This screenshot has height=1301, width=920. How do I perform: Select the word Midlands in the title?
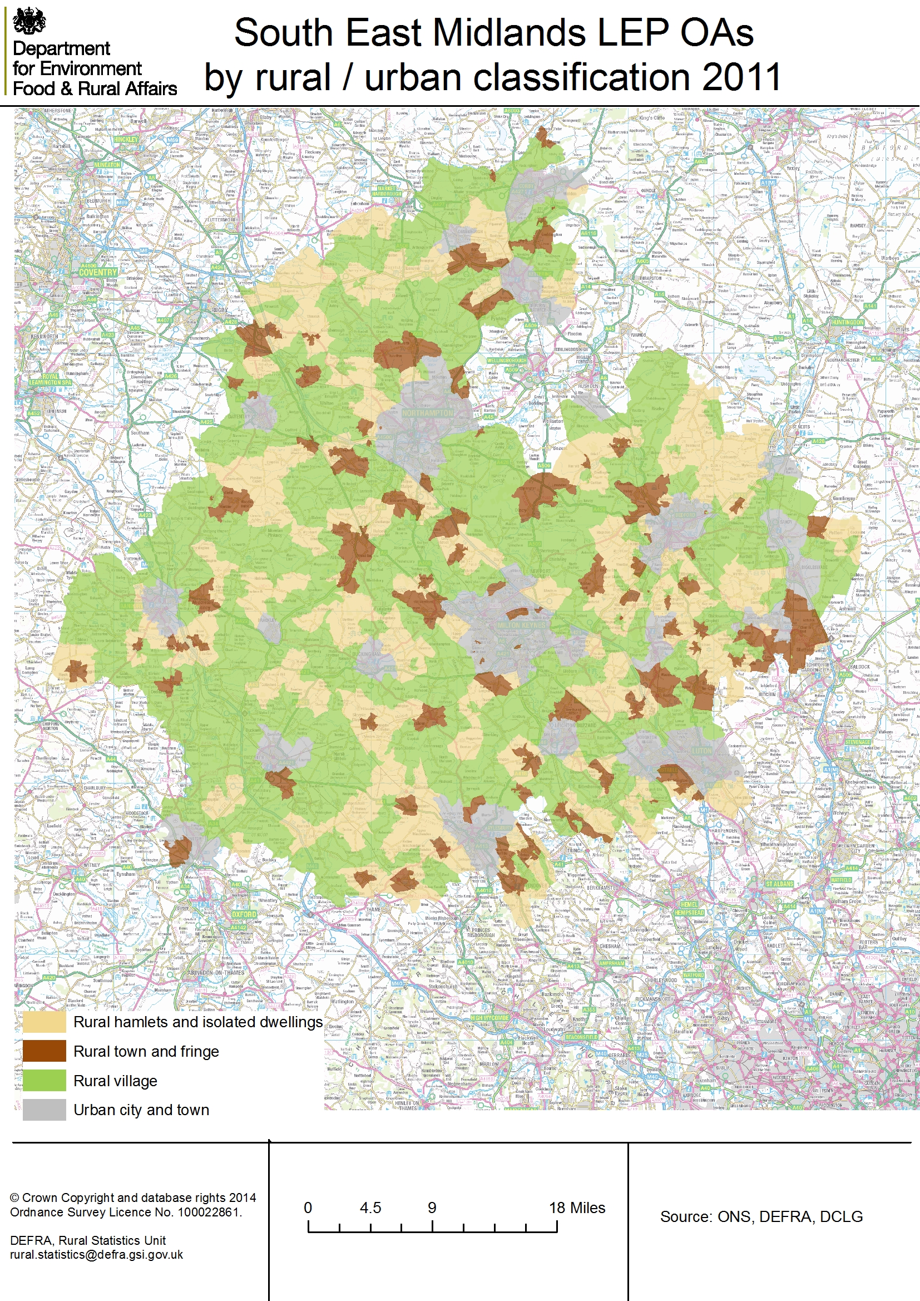(510, 33)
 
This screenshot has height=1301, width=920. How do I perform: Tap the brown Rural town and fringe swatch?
(44, 1051)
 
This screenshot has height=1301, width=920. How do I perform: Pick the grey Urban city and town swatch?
(44, 1110)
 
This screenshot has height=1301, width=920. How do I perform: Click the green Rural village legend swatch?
(44, 1081)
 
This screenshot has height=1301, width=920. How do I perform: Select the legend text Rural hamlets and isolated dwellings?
(197, 1022)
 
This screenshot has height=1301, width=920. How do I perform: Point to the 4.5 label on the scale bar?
(370, 1208)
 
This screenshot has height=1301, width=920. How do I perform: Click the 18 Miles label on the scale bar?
(577, 1208)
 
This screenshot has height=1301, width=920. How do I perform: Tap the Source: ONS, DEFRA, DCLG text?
(761, 1216)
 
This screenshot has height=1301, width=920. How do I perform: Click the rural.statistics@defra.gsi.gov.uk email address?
(96, 1254)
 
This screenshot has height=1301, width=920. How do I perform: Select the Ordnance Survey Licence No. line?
(126, 1212)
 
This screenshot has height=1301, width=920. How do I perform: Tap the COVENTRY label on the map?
(97, 272)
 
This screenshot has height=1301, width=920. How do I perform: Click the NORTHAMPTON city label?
(428, 413)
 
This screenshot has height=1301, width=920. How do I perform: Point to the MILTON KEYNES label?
(521, 625)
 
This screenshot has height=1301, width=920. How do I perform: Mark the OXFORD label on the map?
(244, 914)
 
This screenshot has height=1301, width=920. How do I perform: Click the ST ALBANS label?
(779, 884)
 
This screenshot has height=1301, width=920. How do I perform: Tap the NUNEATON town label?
(107, 165)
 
